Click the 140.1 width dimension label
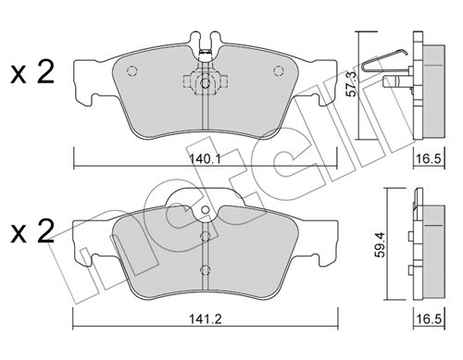coord(205,159)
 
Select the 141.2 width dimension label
coord(206,318)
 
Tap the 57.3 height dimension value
coord(352,83)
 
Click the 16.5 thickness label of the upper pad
coord(429,159)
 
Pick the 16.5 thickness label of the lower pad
coord(429,318)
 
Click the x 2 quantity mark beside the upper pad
coord(32,73)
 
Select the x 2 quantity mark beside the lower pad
coord(32,232)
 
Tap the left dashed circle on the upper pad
coord(131,71)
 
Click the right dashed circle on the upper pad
coord(278,71)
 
